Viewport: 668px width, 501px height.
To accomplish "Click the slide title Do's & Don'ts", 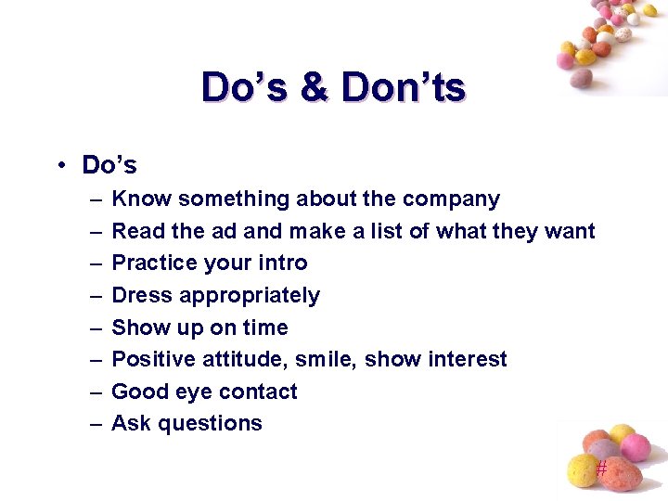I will (x=333, y=87).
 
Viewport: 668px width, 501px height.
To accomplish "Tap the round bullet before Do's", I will (x=58, y=165).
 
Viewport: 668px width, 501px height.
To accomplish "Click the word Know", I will (x=141, y=199).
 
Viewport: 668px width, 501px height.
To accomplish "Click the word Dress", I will (x=142, y=295).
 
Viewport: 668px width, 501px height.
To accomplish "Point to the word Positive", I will (x=150, y=359).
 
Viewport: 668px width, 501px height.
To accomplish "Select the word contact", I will (x=259, y=392).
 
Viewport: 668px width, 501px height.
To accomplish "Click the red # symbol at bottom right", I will (x=601, y=469).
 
